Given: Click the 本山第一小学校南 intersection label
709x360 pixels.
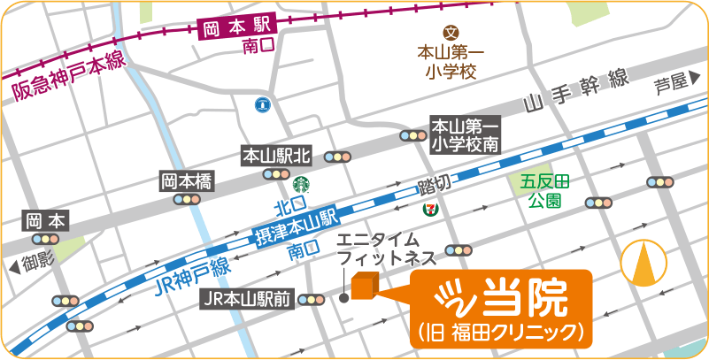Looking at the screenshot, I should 466,134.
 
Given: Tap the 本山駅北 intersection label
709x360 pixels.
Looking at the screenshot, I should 277,157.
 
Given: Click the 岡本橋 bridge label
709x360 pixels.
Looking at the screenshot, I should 187,181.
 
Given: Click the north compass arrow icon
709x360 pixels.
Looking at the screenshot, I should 644,264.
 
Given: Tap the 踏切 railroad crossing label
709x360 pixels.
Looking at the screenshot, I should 434,186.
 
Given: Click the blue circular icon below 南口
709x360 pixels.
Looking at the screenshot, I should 262,105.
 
